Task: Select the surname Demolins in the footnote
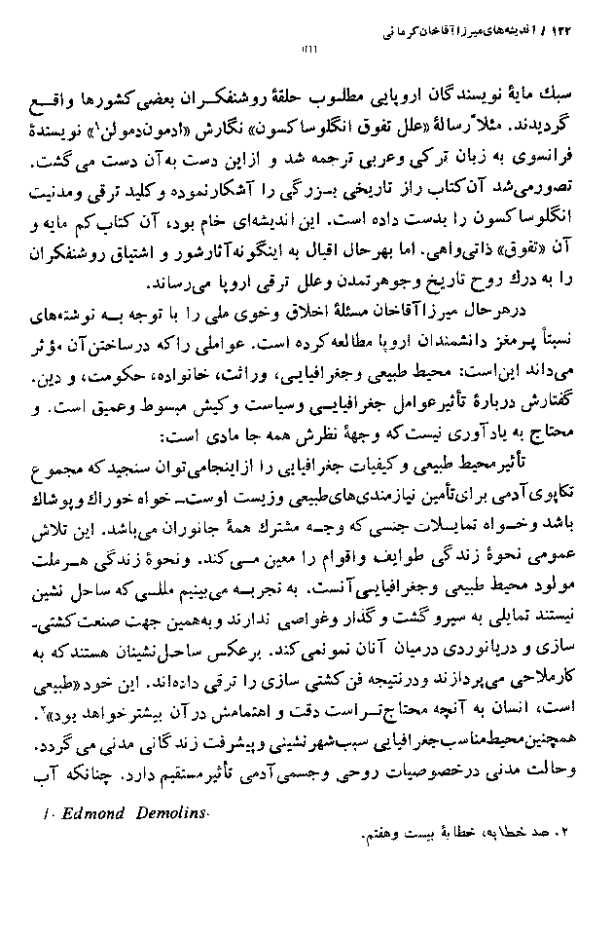point(169,813)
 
